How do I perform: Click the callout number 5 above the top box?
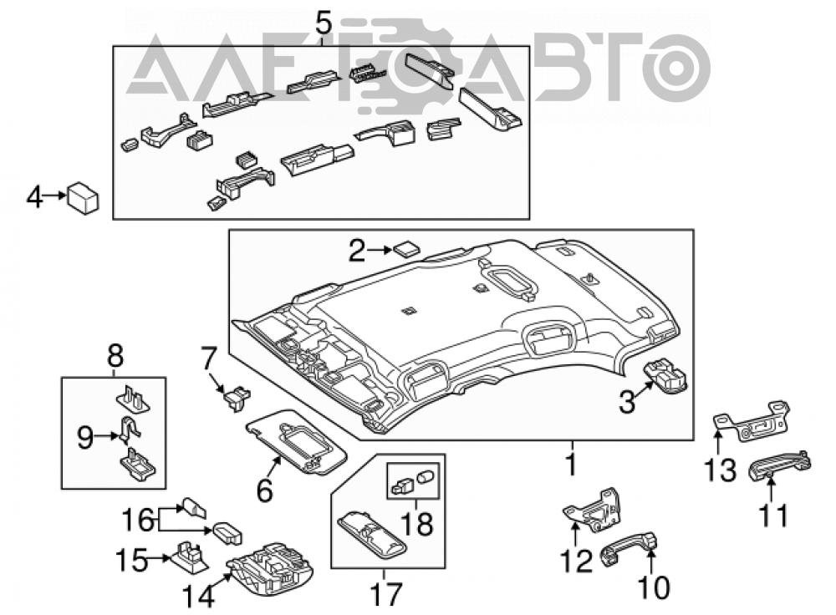click(x=323, y=24)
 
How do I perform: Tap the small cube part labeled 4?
click(x=83, y=198)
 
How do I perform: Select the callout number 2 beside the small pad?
click(x=358, y=250)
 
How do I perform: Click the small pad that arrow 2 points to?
click(x=406, y=248)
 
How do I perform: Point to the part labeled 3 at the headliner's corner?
click(x=666, y=376)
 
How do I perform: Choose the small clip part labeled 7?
click(x=237, y=399)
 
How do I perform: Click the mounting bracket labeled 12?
click(x=593, y=510)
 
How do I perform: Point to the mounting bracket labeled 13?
click(x=752, y=422)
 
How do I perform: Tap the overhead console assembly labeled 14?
click(x=269, y=570)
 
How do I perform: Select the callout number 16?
click(x=138, y=519)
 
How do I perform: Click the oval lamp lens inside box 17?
click(x=373, y=535)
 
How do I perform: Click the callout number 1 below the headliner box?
click(x=571, y=464)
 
